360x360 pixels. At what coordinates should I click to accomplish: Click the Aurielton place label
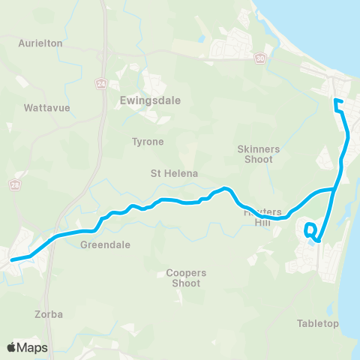pyautogui.click(x=40, y=43)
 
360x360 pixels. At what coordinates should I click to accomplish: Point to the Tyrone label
pyautogui.click(x=147, y=141)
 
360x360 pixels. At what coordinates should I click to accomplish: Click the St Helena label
pyautogui.click(x=174, y=173)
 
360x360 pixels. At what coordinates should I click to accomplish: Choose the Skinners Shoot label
pyautogui.click(x=257, y=154)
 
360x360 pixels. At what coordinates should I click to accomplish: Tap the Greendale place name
pyautogui.click(x=105, y=244)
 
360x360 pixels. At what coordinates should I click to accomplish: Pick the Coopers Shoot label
pyautogui.click(x=184, y=277)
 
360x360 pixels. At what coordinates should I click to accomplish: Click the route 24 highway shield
pyautogui.click(x=100, y=84)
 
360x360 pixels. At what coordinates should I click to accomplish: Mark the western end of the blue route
pyautogui.click(x=11, y=260)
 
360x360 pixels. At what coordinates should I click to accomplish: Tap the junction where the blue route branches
pyautogui.click(x=335, y=190)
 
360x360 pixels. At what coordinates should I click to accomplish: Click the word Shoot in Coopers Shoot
pyautogui.click(x=185, y=283)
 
